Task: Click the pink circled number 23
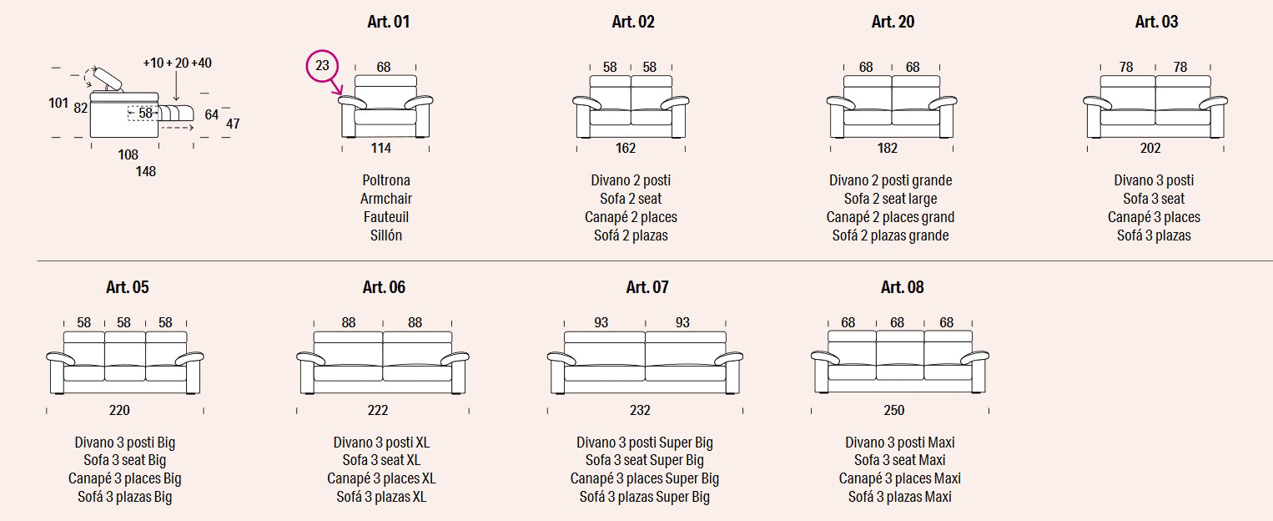pos(323,65)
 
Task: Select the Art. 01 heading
pos(389,23)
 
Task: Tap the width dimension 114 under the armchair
pos(381,149)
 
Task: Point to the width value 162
pos(626,149)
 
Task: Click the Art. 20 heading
pos(893,23)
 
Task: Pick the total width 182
pos(888,149)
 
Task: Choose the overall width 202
pos(1150,149)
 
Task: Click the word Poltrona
pos(386,180)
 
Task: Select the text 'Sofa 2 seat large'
pos(890,199)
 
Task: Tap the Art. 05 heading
pos(128,288)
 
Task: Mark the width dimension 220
pos(119,410)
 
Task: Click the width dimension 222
pos(378,410)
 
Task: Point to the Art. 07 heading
pos(647,288)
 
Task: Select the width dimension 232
pos(640,410)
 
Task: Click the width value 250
pos(893,410)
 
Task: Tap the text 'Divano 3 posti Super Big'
pos(645,443)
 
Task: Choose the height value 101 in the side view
pos(58,104)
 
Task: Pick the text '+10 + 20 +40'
pos(177,63)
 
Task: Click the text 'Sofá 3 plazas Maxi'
pos(900,498)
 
